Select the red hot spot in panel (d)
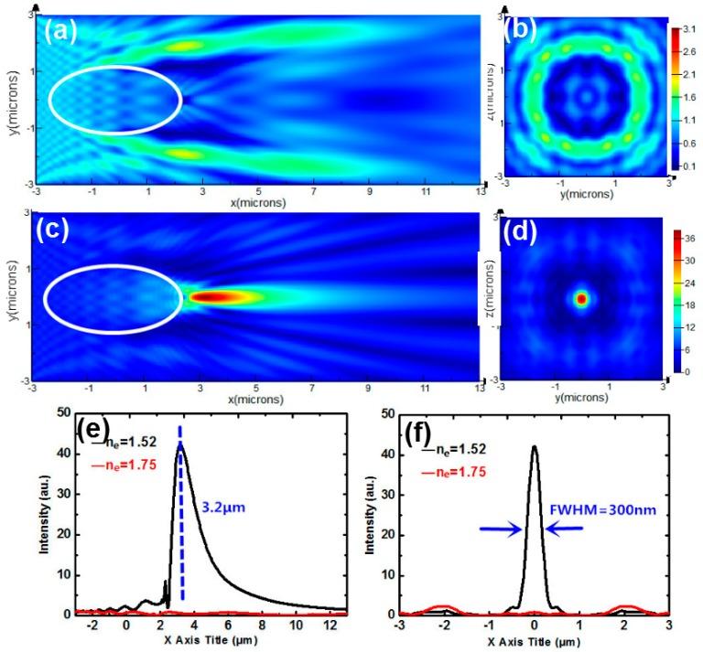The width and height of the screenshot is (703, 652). [x=580, y=298]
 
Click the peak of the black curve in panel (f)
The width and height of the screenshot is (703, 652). [x=535, y=447]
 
